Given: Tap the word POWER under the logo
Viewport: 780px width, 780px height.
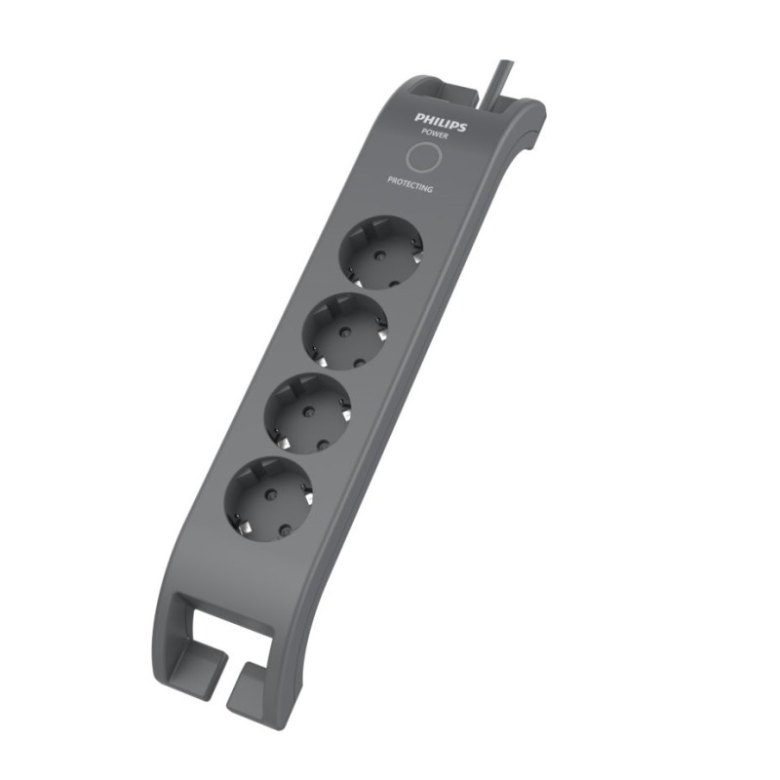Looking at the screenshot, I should pyautogui.click(x=435, y=135).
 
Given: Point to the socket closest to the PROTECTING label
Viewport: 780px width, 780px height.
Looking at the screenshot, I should pyautogui.click(x=383, y=252).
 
